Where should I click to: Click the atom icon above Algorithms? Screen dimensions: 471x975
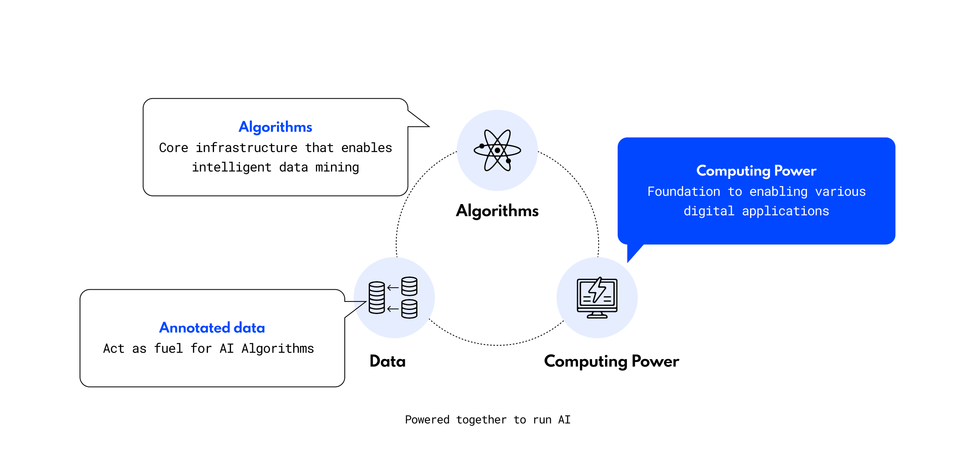pos(497,150)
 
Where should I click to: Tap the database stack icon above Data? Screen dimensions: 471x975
pos(393,297)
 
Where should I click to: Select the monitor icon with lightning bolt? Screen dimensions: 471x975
pos(597,297)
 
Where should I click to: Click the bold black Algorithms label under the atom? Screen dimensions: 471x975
pos(497,211)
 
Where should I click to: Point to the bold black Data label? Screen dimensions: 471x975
pos(387,361)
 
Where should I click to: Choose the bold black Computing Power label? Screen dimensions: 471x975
pos(611,361)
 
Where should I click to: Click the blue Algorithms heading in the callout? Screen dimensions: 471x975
pos(275,127)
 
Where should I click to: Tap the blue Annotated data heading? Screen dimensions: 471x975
pos(212,328)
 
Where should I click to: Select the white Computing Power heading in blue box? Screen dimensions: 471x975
pos(756,171)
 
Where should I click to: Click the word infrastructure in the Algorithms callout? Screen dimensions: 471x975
pos(246,148)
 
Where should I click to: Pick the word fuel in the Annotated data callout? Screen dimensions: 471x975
pos(169,348)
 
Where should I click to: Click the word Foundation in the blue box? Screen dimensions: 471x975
pos(683,191)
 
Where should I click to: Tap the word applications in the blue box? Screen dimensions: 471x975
pos(785,211)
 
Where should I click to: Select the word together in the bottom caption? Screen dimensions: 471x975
pos(481,419)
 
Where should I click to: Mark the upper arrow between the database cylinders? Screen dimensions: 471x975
pos(393,288)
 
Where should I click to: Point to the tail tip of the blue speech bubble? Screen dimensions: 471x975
pos(628,262)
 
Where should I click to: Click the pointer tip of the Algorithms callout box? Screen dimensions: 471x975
pos(428,126)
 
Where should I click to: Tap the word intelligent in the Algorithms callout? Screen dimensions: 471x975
pos(231,167)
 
